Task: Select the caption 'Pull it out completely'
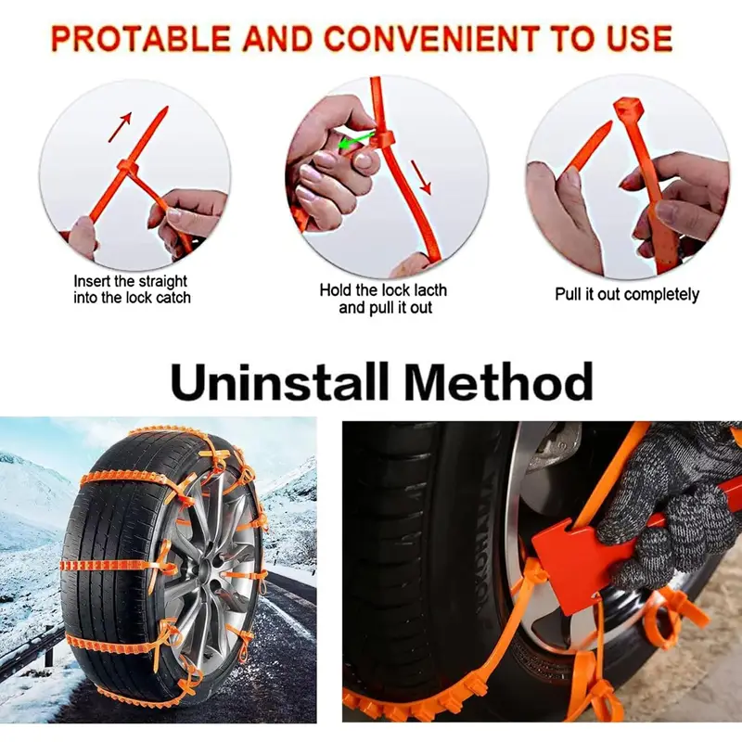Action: click(x=627, y=294)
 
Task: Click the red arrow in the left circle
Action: click(x=120, y=128)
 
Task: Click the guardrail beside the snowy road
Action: click(x=28, y=649)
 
